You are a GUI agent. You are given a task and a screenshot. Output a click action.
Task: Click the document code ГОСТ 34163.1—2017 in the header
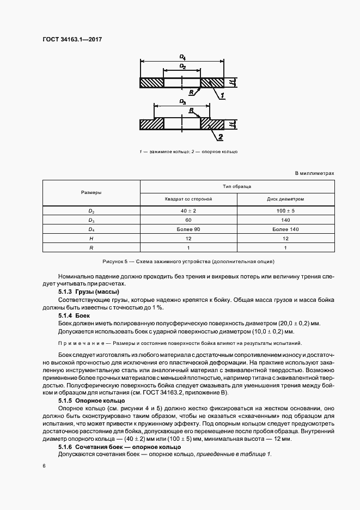click(x=72, y=39)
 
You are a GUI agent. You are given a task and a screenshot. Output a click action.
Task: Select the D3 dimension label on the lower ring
click(x=182, y=102)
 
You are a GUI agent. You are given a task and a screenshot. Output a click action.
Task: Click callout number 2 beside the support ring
click(x=221, y=136)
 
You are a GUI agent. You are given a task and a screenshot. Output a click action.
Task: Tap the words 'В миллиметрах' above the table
click(x=314, y=173)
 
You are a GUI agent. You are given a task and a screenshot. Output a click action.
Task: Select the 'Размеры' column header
click(x=91, y=193)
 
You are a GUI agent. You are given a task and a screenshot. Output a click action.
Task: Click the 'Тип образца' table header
click(x=237, y=186)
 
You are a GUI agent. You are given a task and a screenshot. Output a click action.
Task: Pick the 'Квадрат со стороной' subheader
click(x=188, y=199)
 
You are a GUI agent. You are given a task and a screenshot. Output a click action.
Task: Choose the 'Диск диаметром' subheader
click(x=285, y=199)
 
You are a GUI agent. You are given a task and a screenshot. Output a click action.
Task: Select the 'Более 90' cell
click(x=188, y=229)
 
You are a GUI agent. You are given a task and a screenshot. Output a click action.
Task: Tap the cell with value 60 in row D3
click(x=188, y=220)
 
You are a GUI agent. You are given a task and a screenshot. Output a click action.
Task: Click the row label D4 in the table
click(x=91, y=229)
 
